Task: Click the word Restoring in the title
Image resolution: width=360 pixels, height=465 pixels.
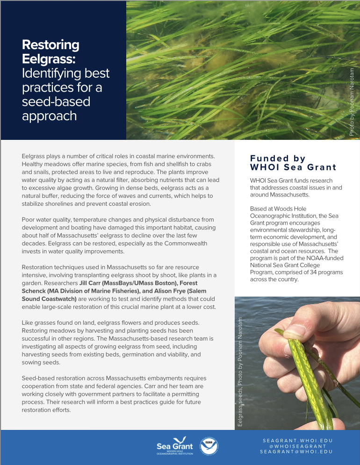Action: point(50,45)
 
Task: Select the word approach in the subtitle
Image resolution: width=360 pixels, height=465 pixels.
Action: point(49,116)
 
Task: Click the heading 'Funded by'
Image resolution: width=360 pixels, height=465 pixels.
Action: point(278,159)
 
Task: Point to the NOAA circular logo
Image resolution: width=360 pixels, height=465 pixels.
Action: point(208,447)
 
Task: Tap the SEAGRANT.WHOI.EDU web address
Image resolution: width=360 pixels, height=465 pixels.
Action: point(297,440)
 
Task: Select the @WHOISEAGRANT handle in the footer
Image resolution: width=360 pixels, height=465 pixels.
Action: point(297,446)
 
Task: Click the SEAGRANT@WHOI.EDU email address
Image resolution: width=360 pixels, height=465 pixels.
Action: point(297,451)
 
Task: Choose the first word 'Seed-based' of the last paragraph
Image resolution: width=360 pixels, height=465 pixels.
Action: point(38,378)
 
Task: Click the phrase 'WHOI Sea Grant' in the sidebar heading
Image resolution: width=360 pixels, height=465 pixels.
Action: point(293,167)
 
